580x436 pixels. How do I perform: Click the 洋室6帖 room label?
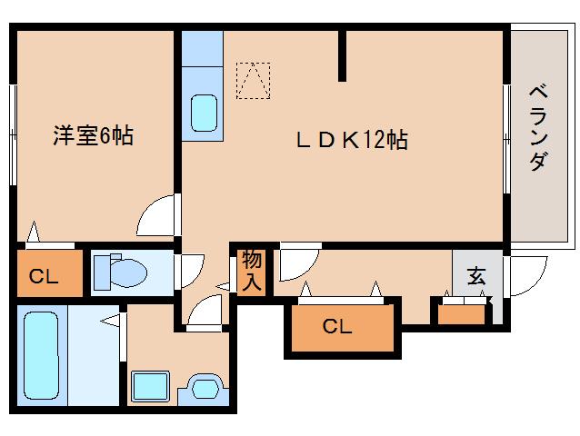93,136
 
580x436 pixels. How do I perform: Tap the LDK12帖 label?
352,141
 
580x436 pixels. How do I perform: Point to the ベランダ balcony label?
538,128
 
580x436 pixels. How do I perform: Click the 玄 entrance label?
476,275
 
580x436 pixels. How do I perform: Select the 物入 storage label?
252,271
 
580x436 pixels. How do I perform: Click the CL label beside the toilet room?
44,275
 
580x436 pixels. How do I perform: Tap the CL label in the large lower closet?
336,326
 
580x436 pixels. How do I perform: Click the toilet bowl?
128,273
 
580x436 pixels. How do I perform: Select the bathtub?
41,355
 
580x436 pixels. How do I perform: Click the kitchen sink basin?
204,113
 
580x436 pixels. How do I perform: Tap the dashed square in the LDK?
253,81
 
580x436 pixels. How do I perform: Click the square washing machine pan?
151,386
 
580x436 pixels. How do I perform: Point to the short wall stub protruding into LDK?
343,55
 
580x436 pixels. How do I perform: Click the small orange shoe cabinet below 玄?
461,315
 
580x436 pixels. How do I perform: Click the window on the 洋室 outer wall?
14,134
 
